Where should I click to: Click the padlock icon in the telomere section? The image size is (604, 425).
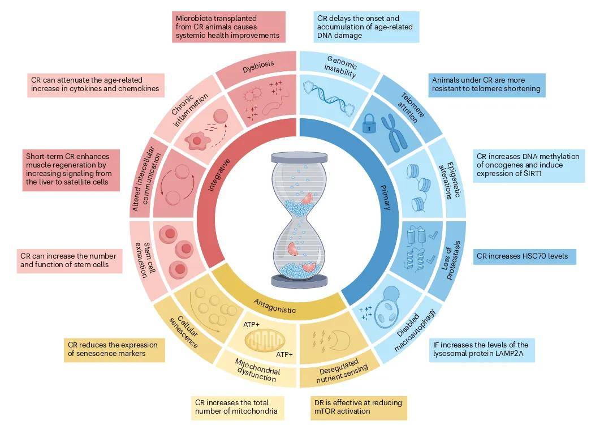369,123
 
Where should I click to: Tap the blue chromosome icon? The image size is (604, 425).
394,134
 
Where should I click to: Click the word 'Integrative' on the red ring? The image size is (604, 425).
219,175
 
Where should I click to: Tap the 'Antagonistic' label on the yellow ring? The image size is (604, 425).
275,306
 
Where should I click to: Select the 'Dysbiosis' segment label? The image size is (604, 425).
258,66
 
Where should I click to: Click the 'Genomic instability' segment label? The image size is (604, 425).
341,67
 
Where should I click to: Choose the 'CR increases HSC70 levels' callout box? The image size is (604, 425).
524,256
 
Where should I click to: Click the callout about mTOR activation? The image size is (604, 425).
359,407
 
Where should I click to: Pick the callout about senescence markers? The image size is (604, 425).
114,350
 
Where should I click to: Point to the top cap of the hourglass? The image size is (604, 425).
299,157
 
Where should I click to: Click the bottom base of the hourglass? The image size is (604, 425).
299,281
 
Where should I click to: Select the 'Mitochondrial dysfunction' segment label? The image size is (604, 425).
257,370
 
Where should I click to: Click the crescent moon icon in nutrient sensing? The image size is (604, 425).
341,340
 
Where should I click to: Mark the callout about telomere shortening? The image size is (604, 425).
486,85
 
